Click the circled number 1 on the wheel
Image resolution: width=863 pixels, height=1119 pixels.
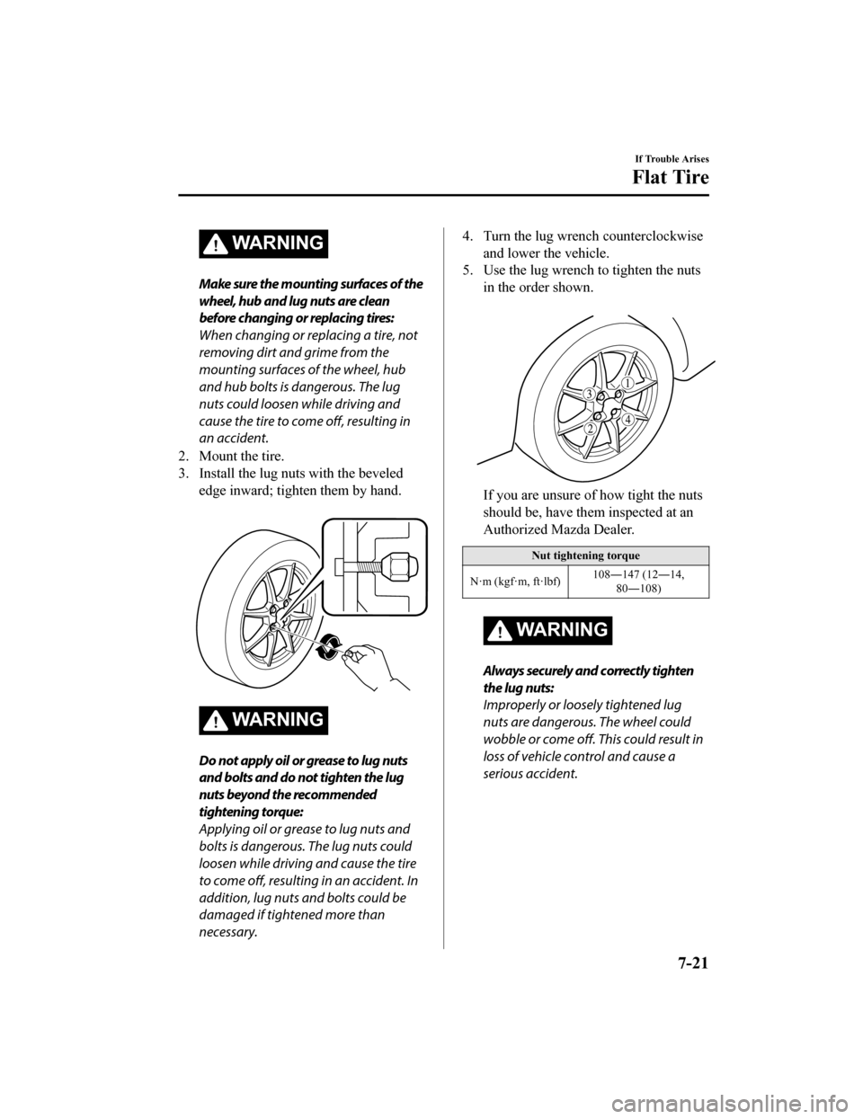coord(627,383)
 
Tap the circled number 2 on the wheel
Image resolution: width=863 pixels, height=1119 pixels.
coord(592,429)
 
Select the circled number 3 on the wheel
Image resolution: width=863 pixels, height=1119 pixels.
coord(590,394)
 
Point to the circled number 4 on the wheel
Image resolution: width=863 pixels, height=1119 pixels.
coord(628,420)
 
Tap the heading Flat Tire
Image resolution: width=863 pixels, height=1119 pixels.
coord(671,177)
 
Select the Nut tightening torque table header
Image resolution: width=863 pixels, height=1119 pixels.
coord(585,555)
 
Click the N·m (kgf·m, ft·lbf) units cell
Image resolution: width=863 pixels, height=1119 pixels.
coord(515,582)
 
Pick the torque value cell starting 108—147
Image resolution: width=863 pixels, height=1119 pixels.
coord(638,582)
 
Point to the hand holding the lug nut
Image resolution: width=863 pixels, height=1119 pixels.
coord(373,665)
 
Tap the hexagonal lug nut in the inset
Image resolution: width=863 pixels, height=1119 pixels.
coord(400,564)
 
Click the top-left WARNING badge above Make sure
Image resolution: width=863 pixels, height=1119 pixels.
coord(263,243)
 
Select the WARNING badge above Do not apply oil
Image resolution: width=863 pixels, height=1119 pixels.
coord(263,719)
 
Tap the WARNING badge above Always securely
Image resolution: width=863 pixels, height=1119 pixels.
coord(547,630)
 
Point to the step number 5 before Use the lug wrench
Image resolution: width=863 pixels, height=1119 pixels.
coord(467,271)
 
